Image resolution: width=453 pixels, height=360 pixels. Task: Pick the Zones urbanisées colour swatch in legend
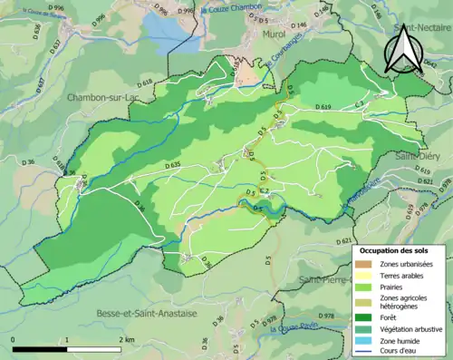(x=368, y=264)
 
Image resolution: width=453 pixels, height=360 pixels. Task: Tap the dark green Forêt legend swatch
(x=368, y=316)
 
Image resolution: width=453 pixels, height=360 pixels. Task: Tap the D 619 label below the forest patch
(x=323, y=107)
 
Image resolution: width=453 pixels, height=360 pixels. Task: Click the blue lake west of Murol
(x=163, y=27)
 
